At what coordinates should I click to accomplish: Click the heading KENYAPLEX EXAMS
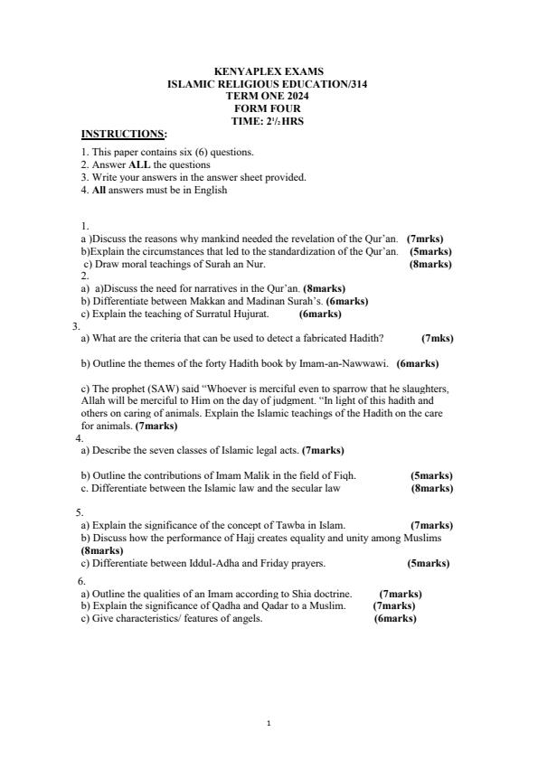(269, 71)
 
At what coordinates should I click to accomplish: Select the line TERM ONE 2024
(269, 95)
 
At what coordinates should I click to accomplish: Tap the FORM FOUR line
(269, 108)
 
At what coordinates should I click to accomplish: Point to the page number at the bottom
(269, 723)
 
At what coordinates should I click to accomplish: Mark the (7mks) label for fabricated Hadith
(438, 339)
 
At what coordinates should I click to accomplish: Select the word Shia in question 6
(292, 594)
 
